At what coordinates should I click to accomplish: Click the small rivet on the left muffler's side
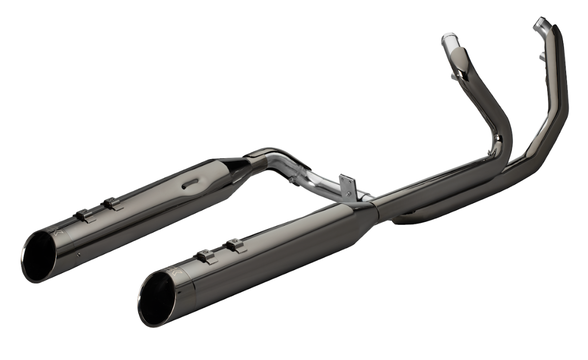click(79, 254)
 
